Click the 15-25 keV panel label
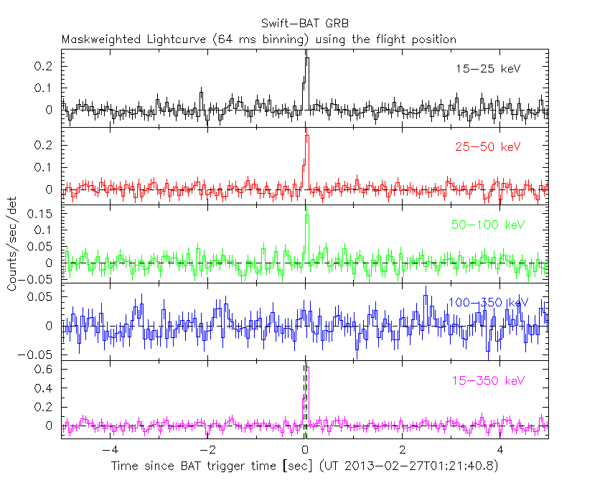click(x=487, y=69)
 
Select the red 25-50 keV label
click(x=487, y=147)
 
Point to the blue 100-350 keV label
click(x=487, y=303)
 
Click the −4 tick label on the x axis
click(x=109, y=451)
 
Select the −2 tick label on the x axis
click(x=207, y=451)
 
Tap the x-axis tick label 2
click(x=403, y=451)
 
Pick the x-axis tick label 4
click(x=501, y=451)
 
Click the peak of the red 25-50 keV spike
click(x=307, y=136)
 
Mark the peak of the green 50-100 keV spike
click(x=307, y=215)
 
